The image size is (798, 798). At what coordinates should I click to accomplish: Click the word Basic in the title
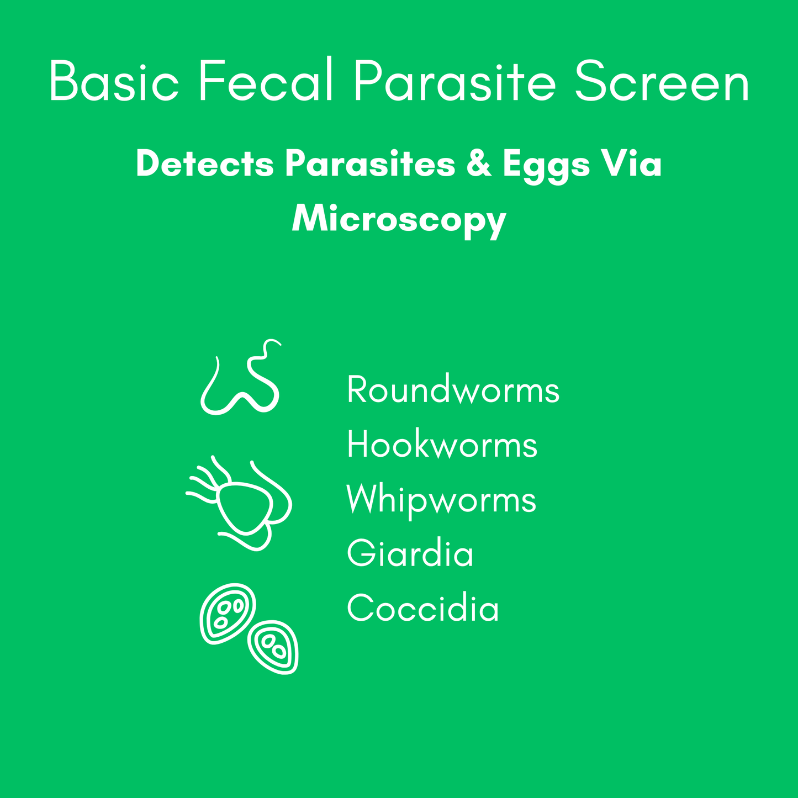coord(114,81)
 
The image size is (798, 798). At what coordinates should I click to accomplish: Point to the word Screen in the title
coord(662,82)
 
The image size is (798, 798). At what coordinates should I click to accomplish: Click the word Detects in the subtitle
coord(205,164)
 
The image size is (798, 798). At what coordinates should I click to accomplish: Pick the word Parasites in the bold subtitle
coord(370,164)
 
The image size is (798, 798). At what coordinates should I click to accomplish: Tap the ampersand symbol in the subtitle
coord(478,164)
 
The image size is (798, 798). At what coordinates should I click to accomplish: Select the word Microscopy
coord(399,220)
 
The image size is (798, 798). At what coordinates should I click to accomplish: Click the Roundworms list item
coord(453,390)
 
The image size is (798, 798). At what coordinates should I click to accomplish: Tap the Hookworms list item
coord(442,445)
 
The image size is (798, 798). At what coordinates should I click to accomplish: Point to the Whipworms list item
coord(441,500)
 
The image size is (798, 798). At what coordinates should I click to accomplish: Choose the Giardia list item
coord(410,554)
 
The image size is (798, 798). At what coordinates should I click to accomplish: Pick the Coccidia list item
coord(423,609)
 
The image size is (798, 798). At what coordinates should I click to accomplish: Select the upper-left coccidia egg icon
coord(228,612)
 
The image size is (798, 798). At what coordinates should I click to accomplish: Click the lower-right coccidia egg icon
coord(273,647)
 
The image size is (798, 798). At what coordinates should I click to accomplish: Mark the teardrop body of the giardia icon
coord(245,506)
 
